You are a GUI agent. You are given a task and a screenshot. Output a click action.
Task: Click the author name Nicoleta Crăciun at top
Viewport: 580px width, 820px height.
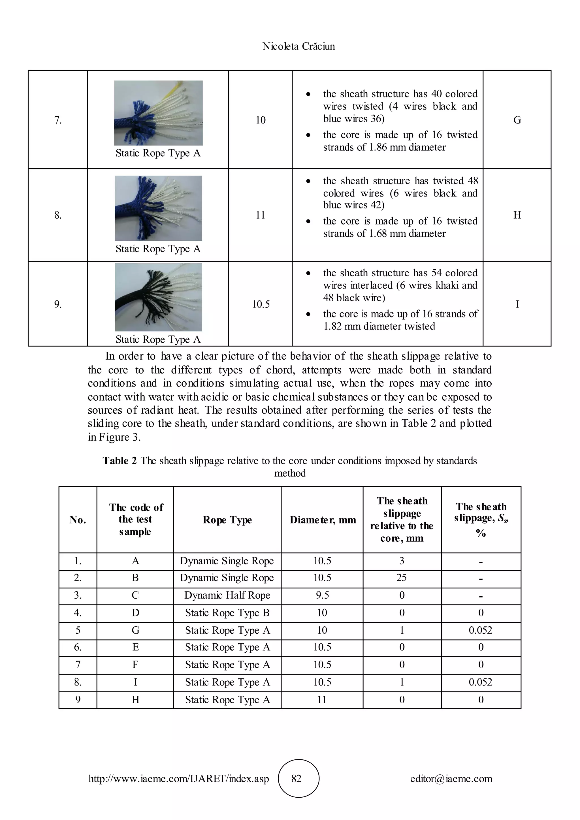click(298, 46)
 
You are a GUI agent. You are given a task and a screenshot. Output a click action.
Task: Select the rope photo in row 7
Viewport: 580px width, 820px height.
click(158, 113)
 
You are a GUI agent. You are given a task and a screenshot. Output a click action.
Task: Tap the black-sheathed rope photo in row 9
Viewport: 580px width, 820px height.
click(158, 297)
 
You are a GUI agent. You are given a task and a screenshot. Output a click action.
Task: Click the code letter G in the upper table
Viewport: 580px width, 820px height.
click(517, 120)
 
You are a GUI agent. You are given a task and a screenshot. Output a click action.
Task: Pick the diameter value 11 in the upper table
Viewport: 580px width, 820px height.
click(260, 215)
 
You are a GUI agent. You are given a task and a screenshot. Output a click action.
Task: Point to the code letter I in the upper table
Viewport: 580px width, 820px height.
click(517, 304)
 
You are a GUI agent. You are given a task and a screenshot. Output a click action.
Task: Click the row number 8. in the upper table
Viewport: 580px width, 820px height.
click(58, 215)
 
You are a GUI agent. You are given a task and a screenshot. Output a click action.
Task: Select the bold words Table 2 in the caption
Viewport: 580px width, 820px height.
click(120, 461)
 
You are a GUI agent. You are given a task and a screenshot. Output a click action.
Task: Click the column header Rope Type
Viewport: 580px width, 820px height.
click(227, 520)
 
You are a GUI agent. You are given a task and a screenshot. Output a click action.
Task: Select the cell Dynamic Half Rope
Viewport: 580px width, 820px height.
click(227, 595)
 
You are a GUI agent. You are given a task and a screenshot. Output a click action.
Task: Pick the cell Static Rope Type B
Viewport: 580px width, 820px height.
click(227, 613)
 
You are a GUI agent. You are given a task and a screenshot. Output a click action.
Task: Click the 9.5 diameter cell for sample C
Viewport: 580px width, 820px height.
click(322, 595)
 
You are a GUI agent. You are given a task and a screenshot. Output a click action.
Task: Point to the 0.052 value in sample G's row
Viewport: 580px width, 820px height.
click(480, 630)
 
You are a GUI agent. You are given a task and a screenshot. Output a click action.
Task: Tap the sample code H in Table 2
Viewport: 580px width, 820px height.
click(135, 700)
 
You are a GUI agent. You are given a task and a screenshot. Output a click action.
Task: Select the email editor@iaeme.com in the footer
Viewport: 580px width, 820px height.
click(451, 779)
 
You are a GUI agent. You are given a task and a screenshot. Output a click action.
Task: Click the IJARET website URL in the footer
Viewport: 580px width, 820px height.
click(179, 779)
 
